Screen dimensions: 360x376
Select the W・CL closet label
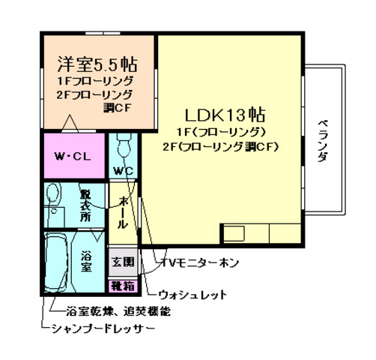click(x=72, y=157)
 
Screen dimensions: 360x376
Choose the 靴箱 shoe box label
click(x=123, y=285)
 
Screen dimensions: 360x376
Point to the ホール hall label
click(x=122, y=212)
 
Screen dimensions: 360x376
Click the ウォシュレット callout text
click(x=192, y=295)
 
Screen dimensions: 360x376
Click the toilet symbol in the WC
click(x=123, y=142)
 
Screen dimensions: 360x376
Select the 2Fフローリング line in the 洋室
click(x=94, y=94)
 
